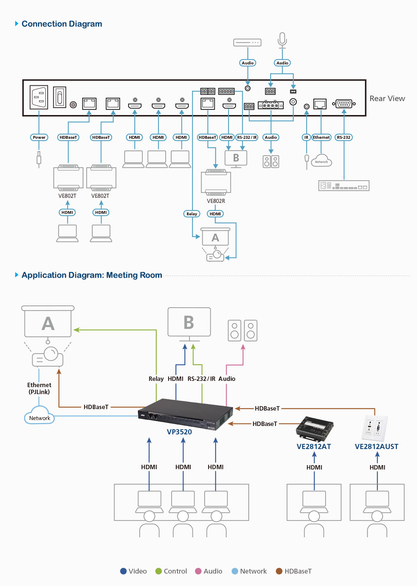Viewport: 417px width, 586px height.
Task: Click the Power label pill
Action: click(x=39, y=137)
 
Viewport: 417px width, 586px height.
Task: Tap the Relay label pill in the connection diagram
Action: click(x=192, y=214)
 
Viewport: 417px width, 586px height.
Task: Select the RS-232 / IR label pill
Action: click(x=247, y=137)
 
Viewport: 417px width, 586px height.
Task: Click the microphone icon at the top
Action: click(x=282, y=41)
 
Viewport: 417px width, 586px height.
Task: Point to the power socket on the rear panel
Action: click(x=39, y=97)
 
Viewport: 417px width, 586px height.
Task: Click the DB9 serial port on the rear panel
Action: click(x=344, y=104)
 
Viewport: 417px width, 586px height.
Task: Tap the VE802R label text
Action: click(x=216, y=201)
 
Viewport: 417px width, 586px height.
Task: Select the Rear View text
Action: click(x=387, y=99)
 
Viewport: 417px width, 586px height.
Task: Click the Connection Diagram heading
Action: click(x=62, y=24)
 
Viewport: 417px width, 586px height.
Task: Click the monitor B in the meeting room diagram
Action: click(x=189, y=324)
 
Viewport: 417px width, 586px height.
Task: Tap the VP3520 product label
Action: click(x=179, y=432)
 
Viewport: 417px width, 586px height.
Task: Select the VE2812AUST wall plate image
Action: click(x=374, y=428)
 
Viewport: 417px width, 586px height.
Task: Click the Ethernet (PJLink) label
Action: click(x=39, y=388)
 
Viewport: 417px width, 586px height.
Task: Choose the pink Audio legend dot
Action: click(x=198, y=571)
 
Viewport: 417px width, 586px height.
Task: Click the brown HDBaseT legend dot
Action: click(x=279, y=571)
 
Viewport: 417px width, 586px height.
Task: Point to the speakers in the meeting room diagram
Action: click(x=243, y=330)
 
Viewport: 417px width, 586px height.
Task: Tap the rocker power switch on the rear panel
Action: click(x=60, y=97)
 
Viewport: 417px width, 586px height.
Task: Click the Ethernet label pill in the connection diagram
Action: click(x=321, y=137)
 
